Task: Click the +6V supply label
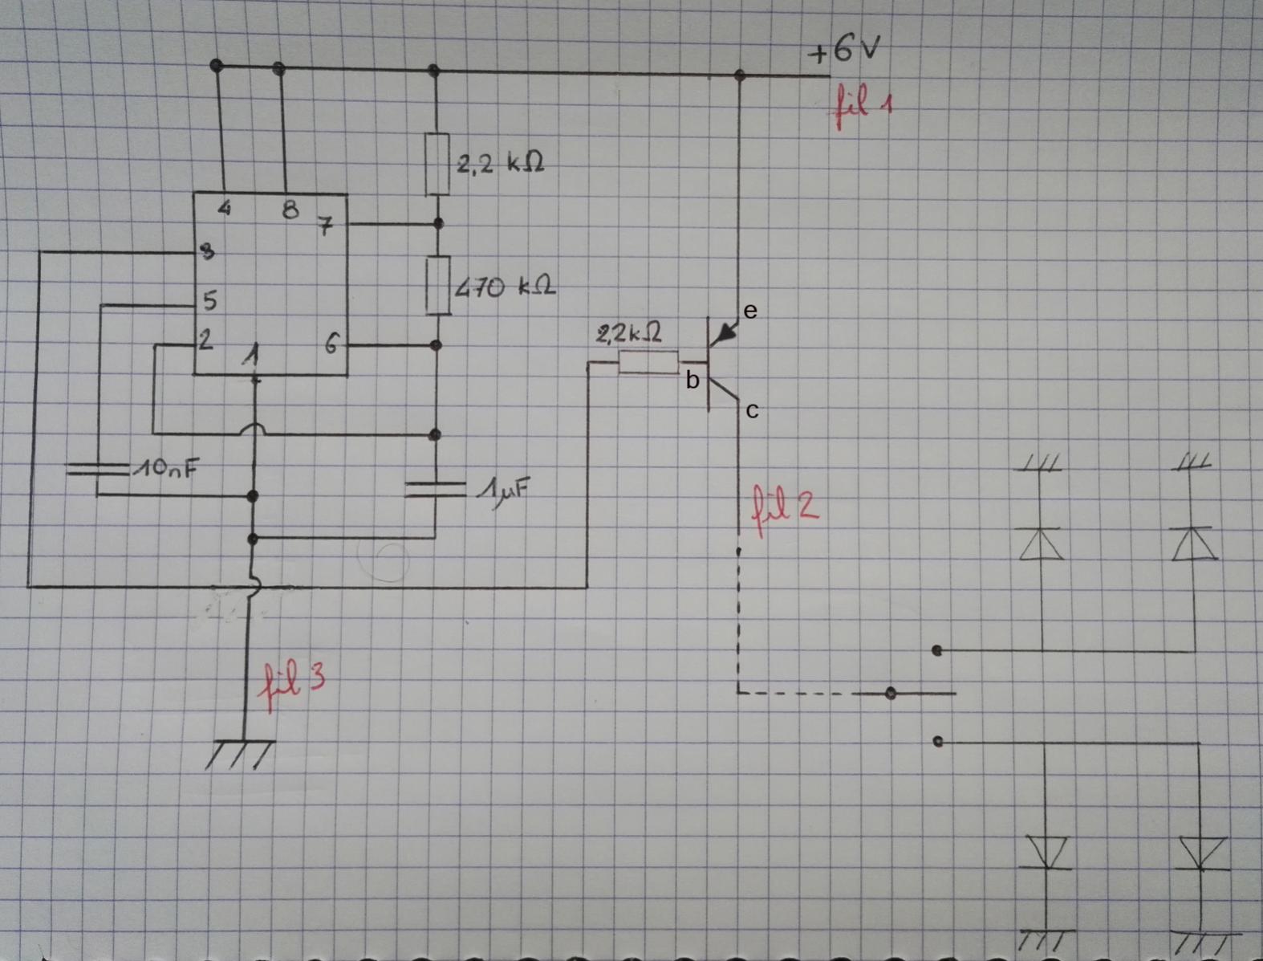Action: [x=843, y=50]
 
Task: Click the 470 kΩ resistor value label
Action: [x=505, y=287]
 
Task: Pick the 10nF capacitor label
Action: [x=165, y=468]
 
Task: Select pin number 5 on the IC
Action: [x=209, y=301]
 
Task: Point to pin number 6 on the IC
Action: [x=332, y=345]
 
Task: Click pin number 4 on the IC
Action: [x=225, y=209]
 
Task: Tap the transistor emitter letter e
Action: [x=750, y=311]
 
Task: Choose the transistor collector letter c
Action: [x=752, y=411]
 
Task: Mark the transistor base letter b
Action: [x=692, y=381]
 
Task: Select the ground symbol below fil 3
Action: [x=239, y=753]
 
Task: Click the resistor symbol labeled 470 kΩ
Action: [x=438, y=285]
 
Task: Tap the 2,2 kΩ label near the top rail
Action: [x=501, y=165]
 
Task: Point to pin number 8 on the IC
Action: [x=290, y=210]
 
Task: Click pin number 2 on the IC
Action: [x=206, y=340]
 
